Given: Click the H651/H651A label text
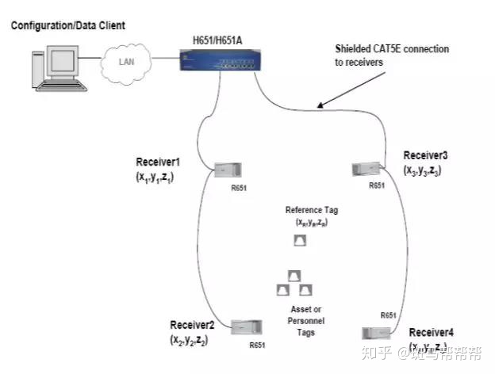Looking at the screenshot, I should click(224, 39).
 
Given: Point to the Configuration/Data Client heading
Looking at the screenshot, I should click(68, 26).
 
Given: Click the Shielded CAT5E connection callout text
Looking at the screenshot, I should click(392, 55).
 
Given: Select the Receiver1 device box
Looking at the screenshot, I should click(227, 169).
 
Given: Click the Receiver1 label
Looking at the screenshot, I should click(159, 162).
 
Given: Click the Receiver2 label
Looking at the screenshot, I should click(193, 325).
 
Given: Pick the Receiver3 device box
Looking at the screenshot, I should click(364, 168).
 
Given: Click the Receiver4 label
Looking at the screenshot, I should click(433, 332).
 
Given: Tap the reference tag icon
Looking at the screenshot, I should click(300, 242).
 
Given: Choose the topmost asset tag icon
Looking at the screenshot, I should click(294, 275).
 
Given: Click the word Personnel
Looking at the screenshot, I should click(300, 321).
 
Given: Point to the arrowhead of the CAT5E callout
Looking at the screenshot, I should click(317, 105).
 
